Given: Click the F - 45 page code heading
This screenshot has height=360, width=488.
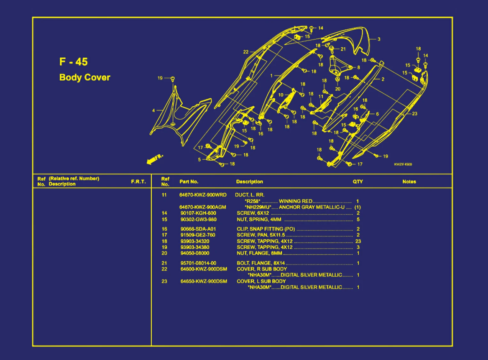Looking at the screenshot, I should pos(73,62).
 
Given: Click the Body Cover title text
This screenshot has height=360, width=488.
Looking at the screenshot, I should pos(85,77).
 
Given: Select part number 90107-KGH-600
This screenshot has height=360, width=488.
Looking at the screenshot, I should pos(198,213).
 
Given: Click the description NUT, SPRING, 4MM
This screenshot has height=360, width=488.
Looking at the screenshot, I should pos(259,219).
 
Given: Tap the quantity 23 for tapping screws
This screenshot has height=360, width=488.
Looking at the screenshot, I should pos(358,241).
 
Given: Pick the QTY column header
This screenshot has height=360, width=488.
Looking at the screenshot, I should pos(358,181).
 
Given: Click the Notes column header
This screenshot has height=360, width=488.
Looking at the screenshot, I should pos(409,181).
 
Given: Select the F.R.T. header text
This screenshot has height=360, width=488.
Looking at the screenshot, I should pos(138,181).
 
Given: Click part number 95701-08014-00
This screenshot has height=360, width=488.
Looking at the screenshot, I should pos(198,263).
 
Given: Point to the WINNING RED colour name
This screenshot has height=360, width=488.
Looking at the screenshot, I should pos(295,201).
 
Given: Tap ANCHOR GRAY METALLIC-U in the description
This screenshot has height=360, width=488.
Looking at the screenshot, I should pos(312,207).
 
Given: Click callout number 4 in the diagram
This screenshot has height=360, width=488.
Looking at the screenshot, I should pos(154,111).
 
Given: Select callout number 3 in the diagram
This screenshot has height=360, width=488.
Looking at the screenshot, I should pos(379,39).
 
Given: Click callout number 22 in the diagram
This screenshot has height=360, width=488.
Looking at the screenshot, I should pos(246,52).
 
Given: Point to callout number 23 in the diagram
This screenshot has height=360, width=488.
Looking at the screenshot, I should pos(415,113).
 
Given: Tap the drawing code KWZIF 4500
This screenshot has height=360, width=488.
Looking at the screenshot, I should pos(403,164).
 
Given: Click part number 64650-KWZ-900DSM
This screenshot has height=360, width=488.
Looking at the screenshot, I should pos(204,281).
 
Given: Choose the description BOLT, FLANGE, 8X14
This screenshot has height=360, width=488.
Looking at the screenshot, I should pos(261,263).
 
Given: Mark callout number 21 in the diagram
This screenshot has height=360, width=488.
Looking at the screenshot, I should pos(343,49).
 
